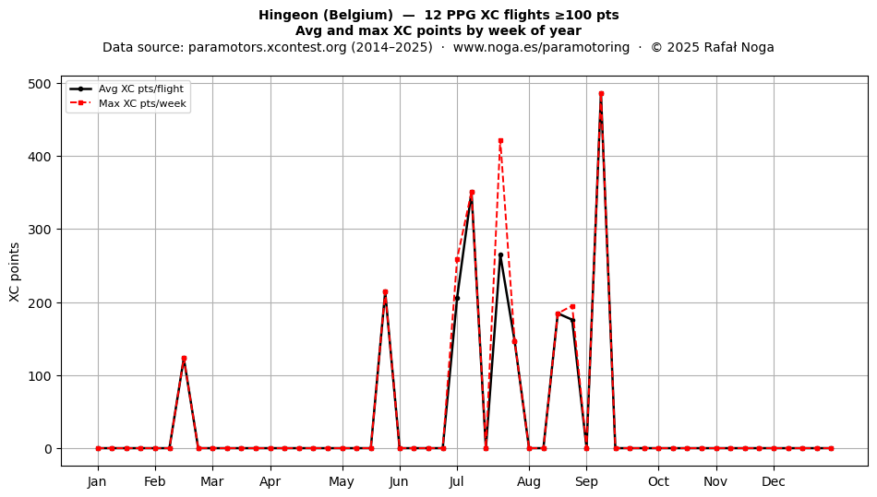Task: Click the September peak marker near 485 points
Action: pos(601,94)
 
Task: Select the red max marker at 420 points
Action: pos(500,141)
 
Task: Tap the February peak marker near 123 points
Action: pos(184,359)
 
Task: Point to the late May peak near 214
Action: pos(385,292)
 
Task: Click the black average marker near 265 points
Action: pos(500,255)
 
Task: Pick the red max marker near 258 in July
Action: pos(457,260)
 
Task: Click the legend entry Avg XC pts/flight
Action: pos(127,89)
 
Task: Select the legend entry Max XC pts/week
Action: pos(128,103)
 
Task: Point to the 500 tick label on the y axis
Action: pos(39,84)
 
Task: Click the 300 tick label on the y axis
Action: pos(39,230)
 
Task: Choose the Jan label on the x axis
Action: pos(97,481)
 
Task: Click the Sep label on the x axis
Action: pos(586,481)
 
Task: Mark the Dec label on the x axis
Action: pos(774,481)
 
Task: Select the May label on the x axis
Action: pos(342,481)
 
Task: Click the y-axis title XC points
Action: pos(15,272)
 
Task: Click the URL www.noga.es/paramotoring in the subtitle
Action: pos(541,47)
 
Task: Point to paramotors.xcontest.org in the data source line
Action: pos(268,47)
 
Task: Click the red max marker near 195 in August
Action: pos(572,306)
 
